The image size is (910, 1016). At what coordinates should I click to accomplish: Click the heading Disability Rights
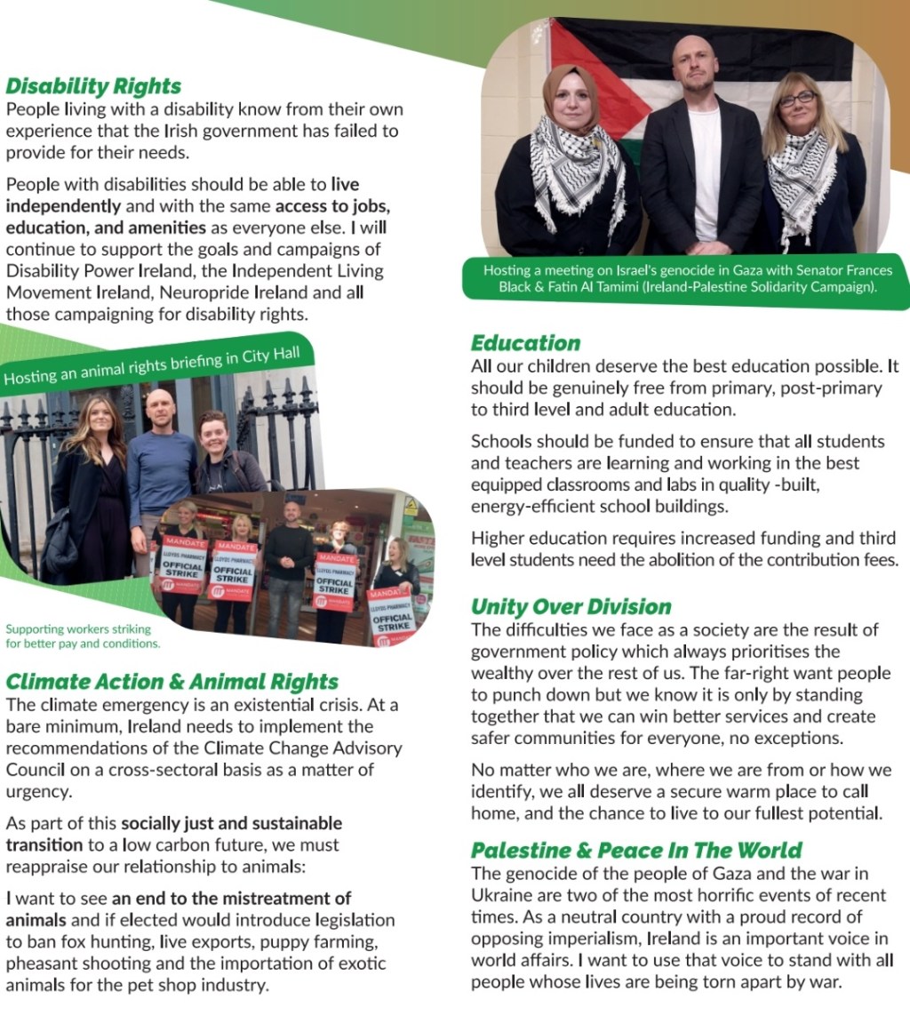pos(93,86)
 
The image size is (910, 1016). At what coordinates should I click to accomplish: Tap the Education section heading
pos(525,343)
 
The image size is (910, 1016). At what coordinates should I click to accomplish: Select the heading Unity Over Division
pos(571,607)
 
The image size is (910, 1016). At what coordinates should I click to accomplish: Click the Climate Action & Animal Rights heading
pos(172,682)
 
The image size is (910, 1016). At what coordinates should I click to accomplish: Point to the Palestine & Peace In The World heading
pos(636,850)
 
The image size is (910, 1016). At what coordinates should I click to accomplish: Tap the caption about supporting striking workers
pos(83,636)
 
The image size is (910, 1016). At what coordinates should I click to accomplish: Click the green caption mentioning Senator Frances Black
pos(687,278)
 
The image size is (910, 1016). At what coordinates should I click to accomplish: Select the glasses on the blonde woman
pos(796,100)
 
